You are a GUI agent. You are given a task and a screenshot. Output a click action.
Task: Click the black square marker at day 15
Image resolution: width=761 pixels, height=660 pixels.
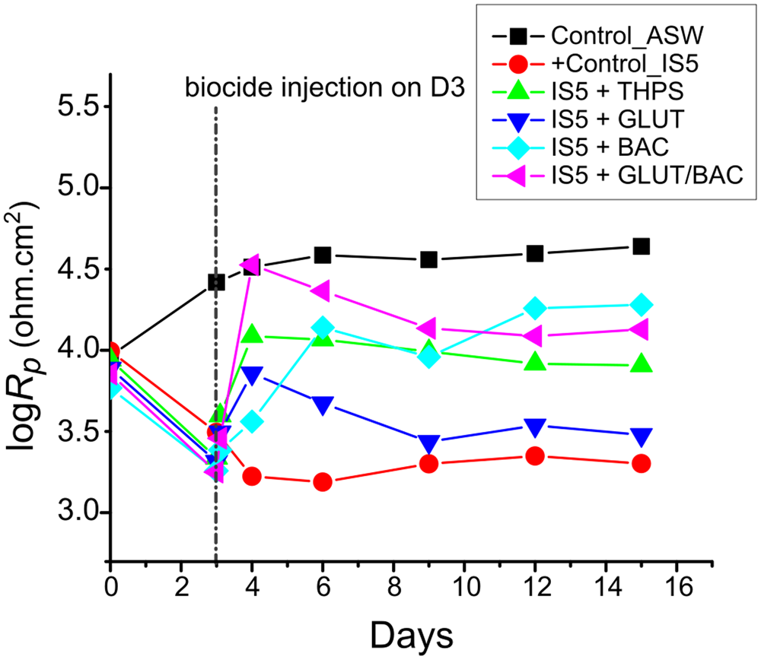[x=641, y=246]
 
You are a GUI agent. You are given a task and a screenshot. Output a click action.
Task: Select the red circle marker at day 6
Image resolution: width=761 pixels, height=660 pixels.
[x=323, y=482]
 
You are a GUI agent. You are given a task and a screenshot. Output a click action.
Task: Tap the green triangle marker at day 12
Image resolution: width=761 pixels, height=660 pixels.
[x=535, y=363]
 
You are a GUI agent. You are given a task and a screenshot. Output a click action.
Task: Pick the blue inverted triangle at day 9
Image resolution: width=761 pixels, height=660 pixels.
[x=428, y=443]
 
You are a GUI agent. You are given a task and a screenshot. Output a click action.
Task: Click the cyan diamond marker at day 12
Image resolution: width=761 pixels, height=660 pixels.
[x=535, y=309]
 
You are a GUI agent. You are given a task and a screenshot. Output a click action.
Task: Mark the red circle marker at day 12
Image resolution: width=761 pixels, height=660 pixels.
[x=535, y=456]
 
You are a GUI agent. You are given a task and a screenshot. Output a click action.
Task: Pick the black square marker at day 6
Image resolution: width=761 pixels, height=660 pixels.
[x=323, y=255]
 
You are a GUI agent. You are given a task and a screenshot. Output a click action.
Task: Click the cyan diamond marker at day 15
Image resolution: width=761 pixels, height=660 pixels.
[x=641, y=305]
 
